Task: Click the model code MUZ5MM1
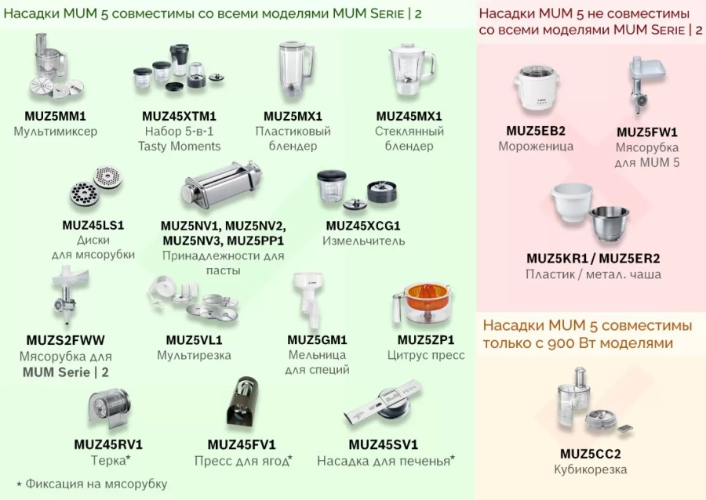pyautogui.click(x=55, y=116)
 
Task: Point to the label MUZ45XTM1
pyautogui.click(x=179, y=116)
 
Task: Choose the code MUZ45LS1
pyautogui.click(x=93, y=225)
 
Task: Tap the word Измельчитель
pyautogui.click(x=363, y=241)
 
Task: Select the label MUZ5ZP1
pyautogui.click(x=426, y=340)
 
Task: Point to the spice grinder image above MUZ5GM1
pyautogui.click(x=308, y=302)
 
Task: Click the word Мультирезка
pyautogui.click(x=194, y=356)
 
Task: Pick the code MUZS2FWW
pyautogui.click(x=65, y=340)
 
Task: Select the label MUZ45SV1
pyautogui.click(x=384, y=444)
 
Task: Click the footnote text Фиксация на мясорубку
pyautogui.click(x=96, y=484)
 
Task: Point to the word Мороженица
pyautogui.click(x=536, y=146)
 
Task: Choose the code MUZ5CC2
pyautogui.click(x=591, y=454)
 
